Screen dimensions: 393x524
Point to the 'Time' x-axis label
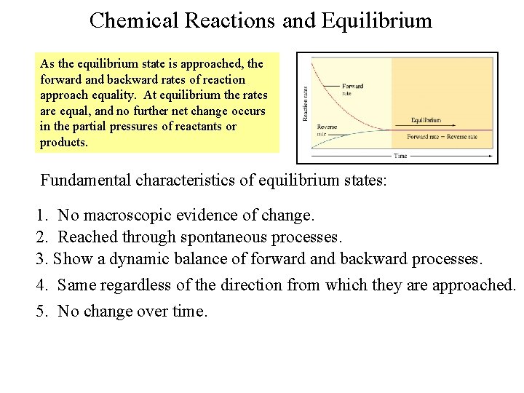(400, 156)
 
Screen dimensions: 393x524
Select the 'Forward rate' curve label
(352, 89)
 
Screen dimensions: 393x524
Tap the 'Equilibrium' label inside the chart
(426, 119)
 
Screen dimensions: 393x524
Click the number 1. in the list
(42, 215)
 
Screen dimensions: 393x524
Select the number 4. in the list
(42, 285)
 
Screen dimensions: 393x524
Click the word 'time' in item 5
(191, 311)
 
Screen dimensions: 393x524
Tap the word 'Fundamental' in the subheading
(85, 180)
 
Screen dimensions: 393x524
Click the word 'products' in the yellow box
(63, 143)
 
